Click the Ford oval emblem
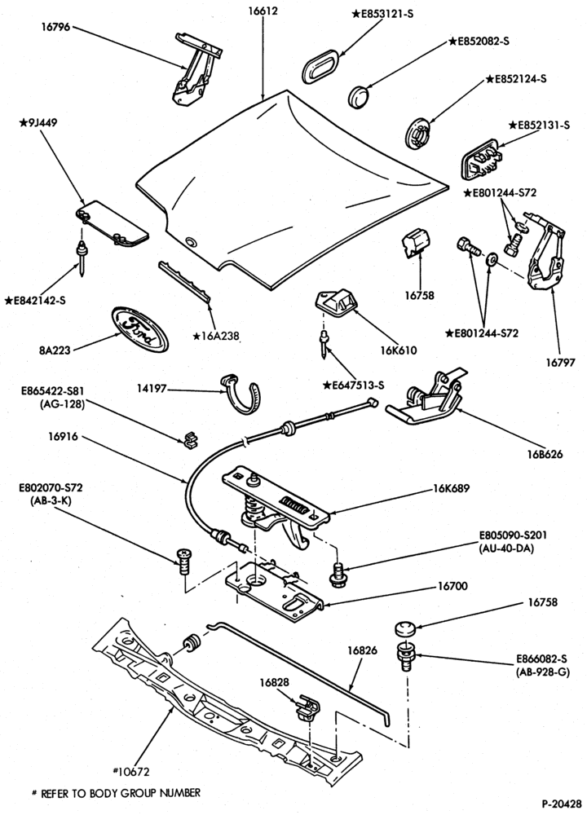140,328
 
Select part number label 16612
263,11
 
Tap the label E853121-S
382,14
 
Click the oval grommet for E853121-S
320,66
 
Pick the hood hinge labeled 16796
196,69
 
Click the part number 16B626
545,454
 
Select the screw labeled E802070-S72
184,561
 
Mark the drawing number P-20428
561,803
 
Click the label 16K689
452,488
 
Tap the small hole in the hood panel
191,241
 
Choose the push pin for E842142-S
82,258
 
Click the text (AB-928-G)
543,672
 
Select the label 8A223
55,350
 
